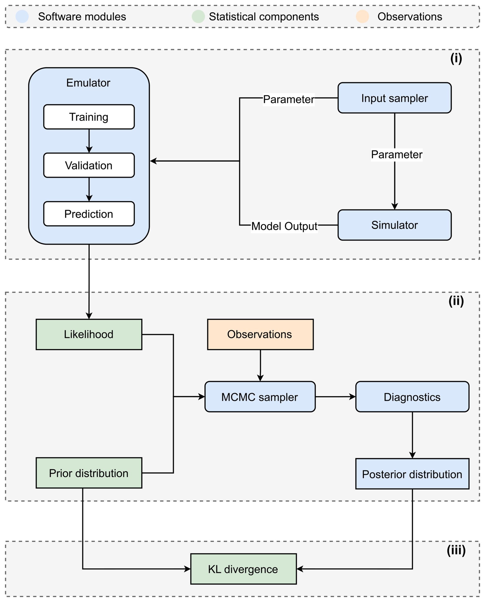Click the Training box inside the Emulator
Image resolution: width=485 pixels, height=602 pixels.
89,117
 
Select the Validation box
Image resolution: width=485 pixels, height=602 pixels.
89,165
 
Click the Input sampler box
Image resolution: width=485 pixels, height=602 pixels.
395,98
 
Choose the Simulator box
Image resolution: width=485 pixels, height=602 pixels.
395,225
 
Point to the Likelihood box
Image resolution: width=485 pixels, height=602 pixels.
89,334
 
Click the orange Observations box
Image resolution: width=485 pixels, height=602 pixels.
260,334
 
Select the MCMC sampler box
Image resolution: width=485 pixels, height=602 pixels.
260,396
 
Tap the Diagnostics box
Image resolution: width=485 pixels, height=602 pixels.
412,396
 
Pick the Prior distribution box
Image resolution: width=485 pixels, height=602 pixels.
89,473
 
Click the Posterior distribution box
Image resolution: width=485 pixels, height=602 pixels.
412,474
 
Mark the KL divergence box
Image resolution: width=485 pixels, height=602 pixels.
243,569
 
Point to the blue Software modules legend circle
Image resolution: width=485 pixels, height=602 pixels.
22,16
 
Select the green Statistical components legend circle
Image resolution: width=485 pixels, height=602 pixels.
198,16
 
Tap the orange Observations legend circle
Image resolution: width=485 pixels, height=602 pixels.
362,16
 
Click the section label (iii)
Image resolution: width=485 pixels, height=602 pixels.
456,550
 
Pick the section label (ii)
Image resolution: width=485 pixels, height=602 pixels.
456,301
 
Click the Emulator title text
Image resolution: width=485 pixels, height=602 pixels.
88,83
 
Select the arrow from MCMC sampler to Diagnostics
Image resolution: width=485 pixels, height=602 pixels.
336,396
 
